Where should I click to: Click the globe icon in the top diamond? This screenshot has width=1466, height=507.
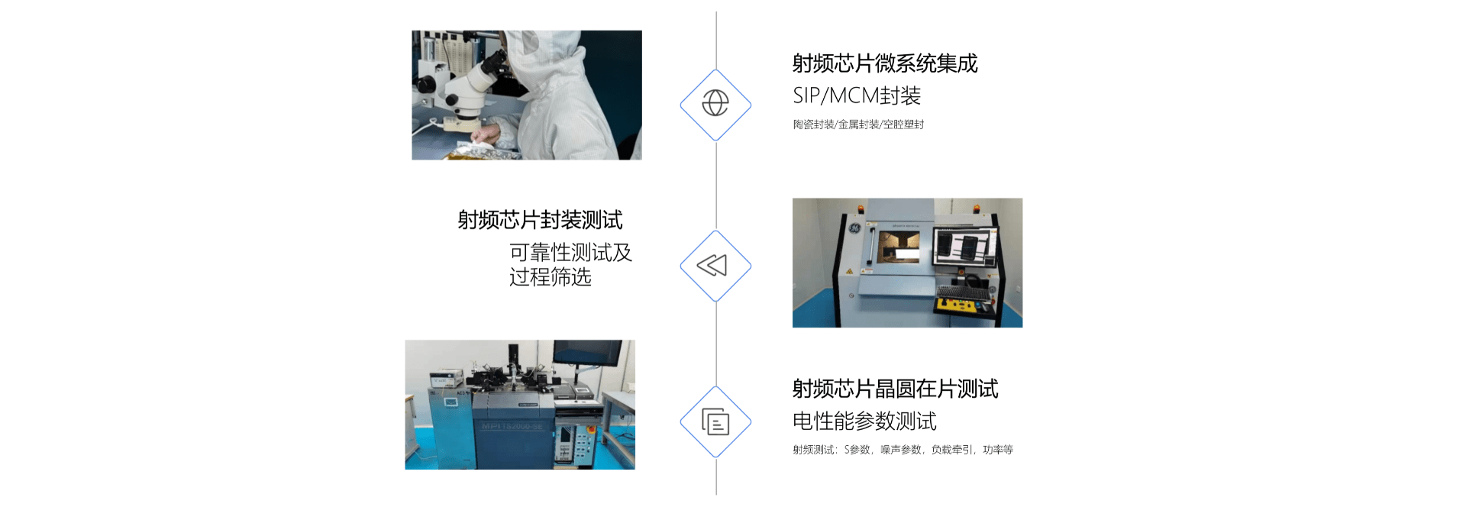[x=715, y=102]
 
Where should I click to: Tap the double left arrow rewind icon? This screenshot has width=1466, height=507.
[x=712, y=265]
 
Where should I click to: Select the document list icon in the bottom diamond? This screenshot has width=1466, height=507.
[x=715, y=421]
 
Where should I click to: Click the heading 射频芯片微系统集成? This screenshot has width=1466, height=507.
[x=885, y=63]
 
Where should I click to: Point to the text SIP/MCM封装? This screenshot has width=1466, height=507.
[x=857, y=95]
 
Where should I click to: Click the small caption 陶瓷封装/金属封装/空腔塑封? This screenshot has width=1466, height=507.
[x=858, y=124]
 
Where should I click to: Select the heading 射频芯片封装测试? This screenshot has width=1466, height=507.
[x=540, y=220]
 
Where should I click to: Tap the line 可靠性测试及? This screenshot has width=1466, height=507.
[x=571, y=252]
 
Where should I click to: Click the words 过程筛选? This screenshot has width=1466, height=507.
[x=551, y=276]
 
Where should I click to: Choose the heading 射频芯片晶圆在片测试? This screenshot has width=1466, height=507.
[x=895, y=389]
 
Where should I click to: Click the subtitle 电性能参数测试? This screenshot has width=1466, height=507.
[x=864, y=421]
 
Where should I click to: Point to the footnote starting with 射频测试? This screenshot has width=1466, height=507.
[x=903, y=450]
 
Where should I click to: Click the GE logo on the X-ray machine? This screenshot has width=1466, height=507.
[x=855, y=228]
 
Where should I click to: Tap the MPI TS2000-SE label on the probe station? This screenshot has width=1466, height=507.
[x=512, y=426]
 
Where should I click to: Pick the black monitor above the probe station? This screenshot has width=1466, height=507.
[x=587, y=353]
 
